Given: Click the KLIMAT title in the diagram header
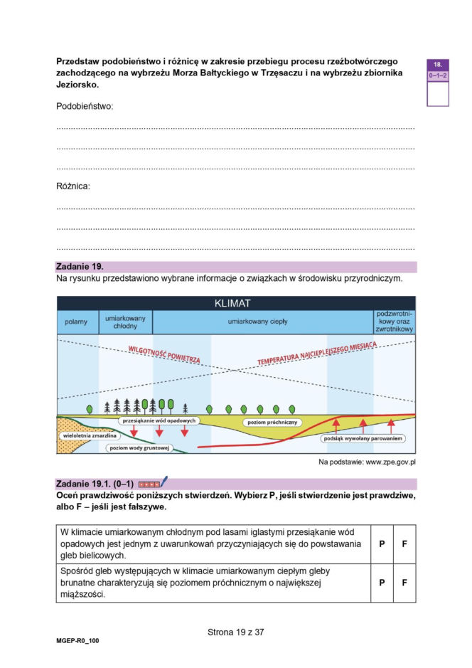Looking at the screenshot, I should pos(235,302).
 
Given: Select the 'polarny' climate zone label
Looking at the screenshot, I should pos(76,322).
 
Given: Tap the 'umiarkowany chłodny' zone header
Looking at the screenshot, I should pos(125,322).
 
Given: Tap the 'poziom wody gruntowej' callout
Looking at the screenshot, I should pos(139,448).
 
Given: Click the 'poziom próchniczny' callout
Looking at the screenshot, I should pos(273,422).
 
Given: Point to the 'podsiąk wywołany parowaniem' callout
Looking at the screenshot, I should pos(363,439).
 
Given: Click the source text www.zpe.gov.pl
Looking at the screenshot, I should pos(390,463).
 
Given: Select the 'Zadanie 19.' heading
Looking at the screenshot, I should pos(80,266).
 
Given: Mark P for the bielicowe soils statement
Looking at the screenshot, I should pos(382,544).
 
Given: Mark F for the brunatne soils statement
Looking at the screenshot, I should pos(404,583).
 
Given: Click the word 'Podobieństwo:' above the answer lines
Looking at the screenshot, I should pos(85,106).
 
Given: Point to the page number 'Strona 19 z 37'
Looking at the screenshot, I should pos(235,631).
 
